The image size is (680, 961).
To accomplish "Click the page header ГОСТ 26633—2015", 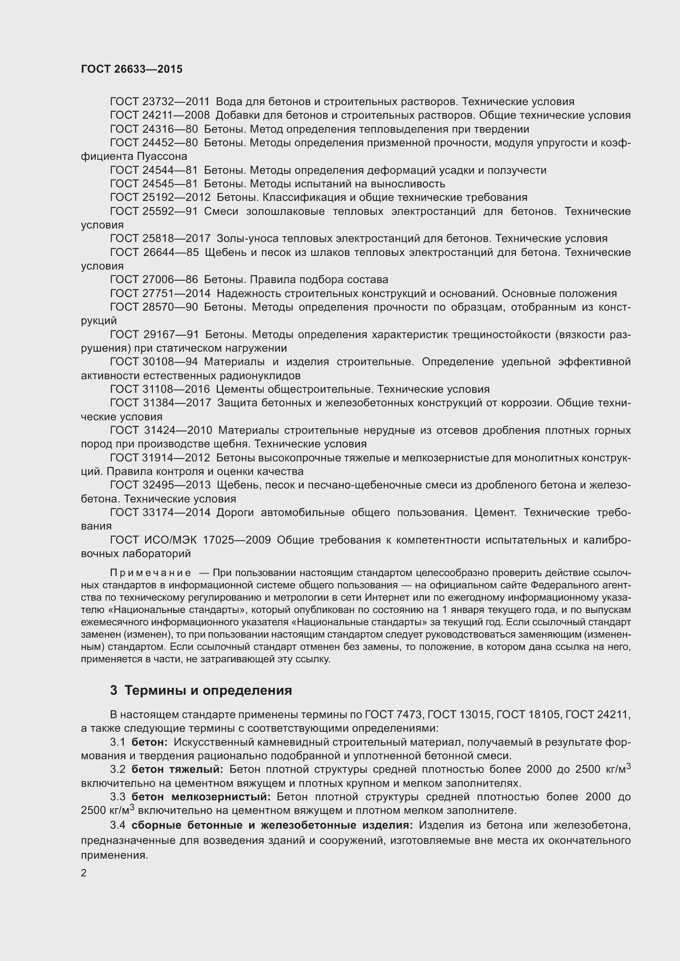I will (x=132, y=69).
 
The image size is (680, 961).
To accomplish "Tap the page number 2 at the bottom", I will (x=84, y=873).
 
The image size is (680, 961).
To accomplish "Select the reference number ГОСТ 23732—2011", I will (x=160, y=102).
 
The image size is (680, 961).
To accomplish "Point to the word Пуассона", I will (x=162, y=157).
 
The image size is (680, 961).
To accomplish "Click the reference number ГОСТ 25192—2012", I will (x=160, y=198).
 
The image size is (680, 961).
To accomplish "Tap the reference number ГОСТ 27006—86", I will (x=154, y=280).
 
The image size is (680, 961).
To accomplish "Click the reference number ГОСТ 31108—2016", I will (x=160, y=389).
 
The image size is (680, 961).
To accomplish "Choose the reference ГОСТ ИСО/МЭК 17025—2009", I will (x=190, y=540).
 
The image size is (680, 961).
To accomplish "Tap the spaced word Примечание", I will (x=150, y=573).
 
